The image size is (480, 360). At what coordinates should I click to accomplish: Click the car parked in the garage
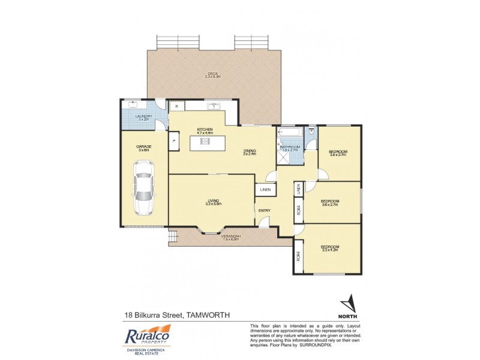144,190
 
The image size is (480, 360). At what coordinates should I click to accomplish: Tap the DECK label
213,73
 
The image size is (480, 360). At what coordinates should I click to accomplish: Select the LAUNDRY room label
143,116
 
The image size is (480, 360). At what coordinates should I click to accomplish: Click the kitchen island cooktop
204,142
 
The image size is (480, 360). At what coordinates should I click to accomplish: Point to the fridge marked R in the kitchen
176,106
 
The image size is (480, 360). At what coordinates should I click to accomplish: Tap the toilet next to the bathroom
311,131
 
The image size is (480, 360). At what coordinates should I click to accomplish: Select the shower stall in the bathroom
283,155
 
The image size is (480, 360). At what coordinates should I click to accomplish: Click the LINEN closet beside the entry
265,190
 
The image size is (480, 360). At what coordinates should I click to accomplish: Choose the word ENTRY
265,210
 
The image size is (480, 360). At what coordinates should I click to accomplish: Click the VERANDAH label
231,236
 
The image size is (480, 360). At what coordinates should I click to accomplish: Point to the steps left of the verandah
173,238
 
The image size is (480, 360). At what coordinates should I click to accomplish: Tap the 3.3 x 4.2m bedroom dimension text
330,251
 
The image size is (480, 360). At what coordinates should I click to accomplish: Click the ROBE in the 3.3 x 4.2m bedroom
298,255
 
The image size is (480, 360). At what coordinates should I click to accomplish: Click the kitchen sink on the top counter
214,107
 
